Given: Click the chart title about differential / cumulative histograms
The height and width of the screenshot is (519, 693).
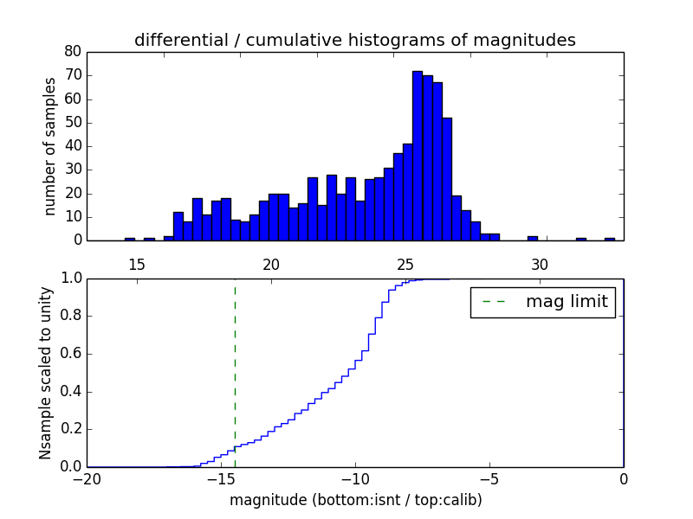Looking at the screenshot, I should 354,40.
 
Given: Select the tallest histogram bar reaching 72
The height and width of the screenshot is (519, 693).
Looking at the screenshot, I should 417,156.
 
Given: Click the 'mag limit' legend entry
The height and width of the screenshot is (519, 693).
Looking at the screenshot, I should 542,302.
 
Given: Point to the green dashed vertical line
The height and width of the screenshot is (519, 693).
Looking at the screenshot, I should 235,372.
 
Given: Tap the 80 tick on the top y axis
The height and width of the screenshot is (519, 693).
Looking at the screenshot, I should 73,52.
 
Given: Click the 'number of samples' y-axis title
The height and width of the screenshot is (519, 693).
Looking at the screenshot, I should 50,146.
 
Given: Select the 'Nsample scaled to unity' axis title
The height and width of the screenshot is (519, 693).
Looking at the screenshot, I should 45,373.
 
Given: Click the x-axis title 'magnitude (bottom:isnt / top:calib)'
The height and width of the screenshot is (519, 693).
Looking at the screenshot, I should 355,500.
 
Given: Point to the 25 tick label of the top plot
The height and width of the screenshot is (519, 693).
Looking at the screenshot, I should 405,264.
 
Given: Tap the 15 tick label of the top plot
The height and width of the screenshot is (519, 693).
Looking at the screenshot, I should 136,264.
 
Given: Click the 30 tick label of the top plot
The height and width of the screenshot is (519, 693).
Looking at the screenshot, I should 540,264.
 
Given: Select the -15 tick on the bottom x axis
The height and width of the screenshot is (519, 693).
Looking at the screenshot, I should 220,479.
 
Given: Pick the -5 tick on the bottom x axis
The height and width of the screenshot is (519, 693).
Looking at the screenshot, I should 489,479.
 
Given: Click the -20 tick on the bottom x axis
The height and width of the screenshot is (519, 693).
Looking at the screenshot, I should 87,479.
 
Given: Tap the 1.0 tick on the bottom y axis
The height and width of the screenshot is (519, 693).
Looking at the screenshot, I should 71,279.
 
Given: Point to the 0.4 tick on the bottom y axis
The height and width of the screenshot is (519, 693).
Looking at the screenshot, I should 71,392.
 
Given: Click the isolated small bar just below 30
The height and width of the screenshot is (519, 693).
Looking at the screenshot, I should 532,238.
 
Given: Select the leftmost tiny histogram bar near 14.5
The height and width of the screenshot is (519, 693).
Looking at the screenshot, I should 129,239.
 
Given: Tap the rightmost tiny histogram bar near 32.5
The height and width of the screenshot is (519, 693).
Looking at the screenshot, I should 610,239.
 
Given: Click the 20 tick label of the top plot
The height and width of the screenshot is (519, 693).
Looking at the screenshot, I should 270,264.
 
